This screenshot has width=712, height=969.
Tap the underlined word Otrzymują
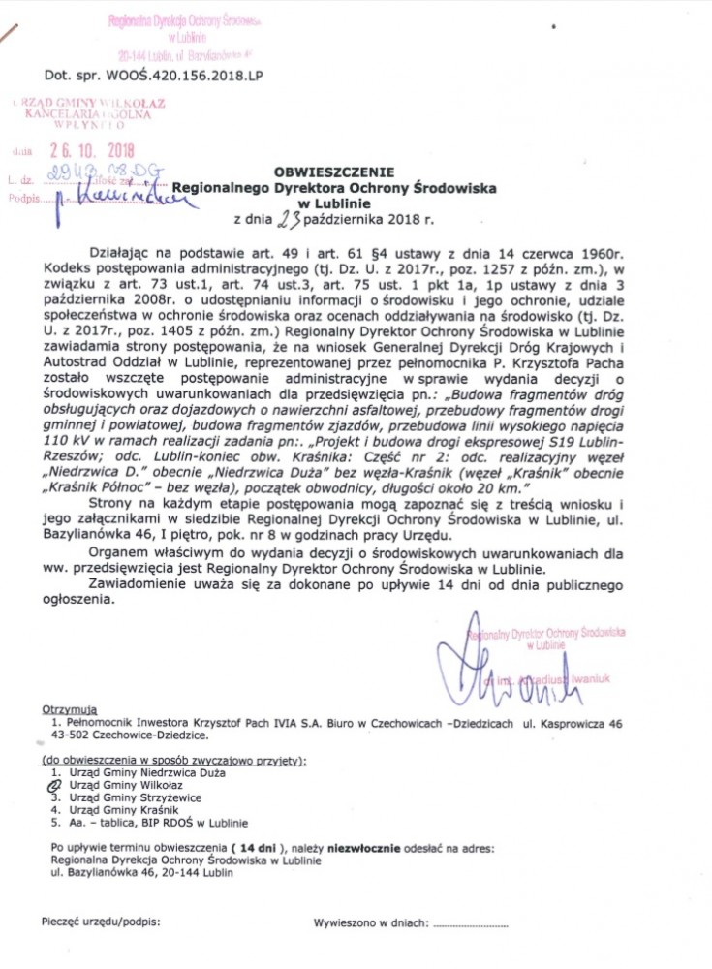pos(71,709)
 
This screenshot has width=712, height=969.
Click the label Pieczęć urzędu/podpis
pos(101,922)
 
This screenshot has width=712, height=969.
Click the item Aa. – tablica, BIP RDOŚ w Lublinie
pos(142,822)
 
